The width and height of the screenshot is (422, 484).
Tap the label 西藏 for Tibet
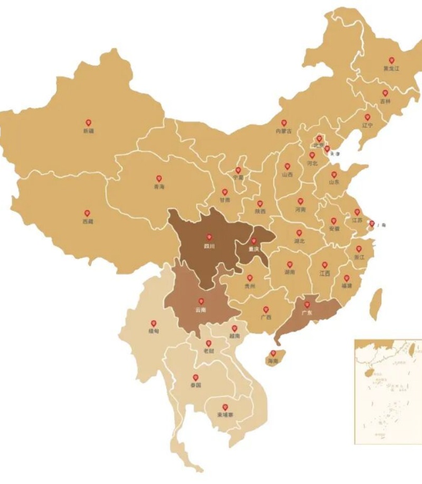(88, 221)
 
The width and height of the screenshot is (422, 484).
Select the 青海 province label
(159, 187)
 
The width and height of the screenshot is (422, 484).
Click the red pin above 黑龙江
(391, 61)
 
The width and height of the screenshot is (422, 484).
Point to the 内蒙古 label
(284, 131)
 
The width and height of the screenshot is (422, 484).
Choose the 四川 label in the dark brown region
(209, 246)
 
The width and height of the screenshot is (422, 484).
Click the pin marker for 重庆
(254, 241)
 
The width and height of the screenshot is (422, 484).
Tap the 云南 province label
(200, 309)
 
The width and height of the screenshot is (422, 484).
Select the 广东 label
(306, 313)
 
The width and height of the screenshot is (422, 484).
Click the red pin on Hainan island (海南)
(273, 353)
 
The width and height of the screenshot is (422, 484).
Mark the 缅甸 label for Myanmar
(154, 331)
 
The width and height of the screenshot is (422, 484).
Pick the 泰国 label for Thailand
(195, 385)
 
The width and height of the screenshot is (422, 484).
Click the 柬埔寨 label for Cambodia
(225, 415)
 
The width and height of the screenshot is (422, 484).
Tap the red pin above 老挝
(208, 343)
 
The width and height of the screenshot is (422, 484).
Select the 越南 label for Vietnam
(235, 336)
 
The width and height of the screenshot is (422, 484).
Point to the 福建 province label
(347, 286)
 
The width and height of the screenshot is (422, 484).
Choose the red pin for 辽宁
(368, 117)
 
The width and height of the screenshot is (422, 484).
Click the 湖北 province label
(299, 241)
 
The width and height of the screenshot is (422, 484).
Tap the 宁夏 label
(238, 178)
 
